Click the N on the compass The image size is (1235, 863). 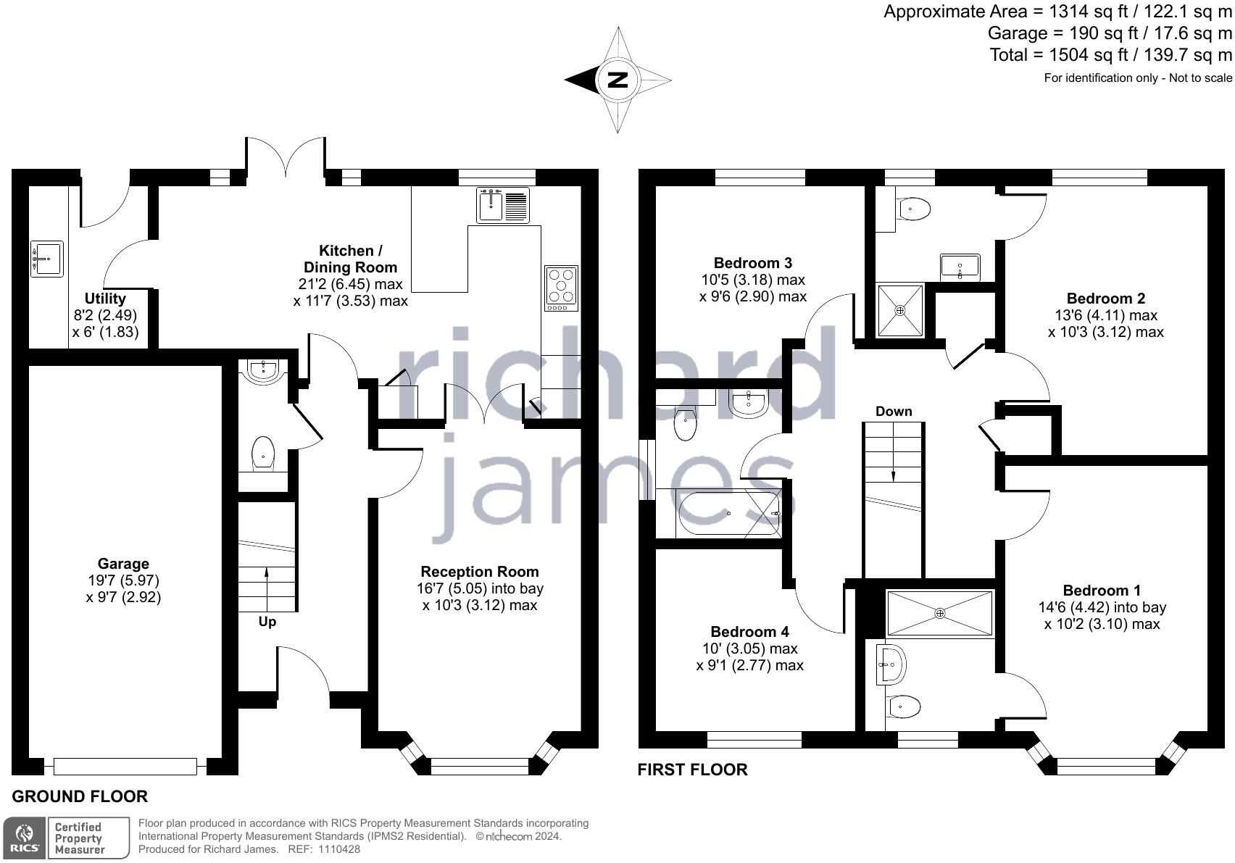tap(617, 80)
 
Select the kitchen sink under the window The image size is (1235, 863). tap(503, 204)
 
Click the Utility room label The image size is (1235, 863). tap(105, 299)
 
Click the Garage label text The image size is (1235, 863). tap(123, 564)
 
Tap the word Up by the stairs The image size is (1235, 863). tap(267, 622)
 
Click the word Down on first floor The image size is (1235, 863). tap(894, 412)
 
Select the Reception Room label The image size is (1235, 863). tap(480, 572)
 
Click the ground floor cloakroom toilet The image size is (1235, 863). tap(262, 454)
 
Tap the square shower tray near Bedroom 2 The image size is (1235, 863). tap(900, 311)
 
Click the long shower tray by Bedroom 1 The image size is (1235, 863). tap(939, 614)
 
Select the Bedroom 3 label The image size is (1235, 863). tap(753, 263)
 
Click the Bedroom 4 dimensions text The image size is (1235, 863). tap(749, 657)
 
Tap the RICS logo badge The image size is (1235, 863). tap(24, 838)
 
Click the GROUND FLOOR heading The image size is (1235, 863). tap(80, 796)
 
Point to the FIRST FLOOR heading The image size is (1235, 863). tap(692, 770)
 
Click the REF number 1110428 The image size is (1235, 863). tap(334, 849)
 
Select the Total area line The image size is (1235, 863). tap(1110, 55)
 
